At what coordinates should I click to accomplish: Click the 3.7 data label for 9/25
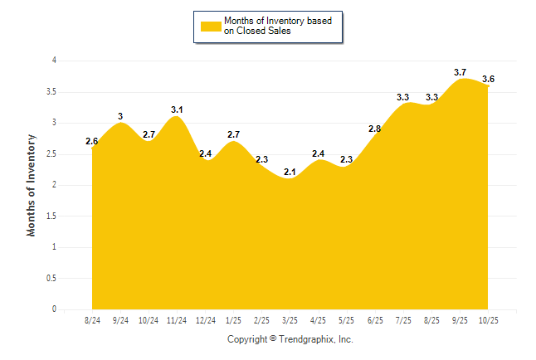[460, 72]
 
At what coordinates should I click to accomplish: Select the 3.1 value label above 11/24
[177, 109]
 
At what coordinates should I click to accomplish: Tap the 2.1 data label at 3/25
[290, 172]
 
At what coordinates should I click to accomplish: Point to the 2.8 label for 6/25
[374, 129]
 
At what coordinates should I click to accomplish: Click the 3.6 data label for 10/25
[488, 79]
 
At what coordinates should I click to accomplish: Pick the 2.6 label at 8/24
[92, 141]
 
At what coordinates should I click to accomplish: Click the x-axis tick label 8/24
[92, 319]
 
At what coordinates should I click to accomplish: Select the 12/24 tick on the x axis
[205, 319]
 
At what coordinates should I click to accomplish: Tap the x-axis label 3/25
[290, 319]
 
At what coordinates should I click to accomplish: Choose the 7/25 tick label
[402, 319]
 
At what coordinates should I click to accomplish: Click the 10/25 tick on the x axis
[488, 319]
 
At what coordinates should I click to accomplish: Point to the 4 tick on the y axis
[54, 61]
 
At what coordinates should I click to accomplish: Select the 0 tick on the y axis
[54, 309]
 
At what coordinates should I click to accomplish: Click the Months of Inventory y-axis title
[32, 185]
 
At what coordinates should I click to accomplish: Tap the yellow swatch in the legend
[211, 27]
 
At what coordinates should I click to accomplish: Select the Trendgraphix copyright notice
[290, 339]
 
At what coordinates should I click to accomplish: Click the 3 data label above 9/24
[120, 116]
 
